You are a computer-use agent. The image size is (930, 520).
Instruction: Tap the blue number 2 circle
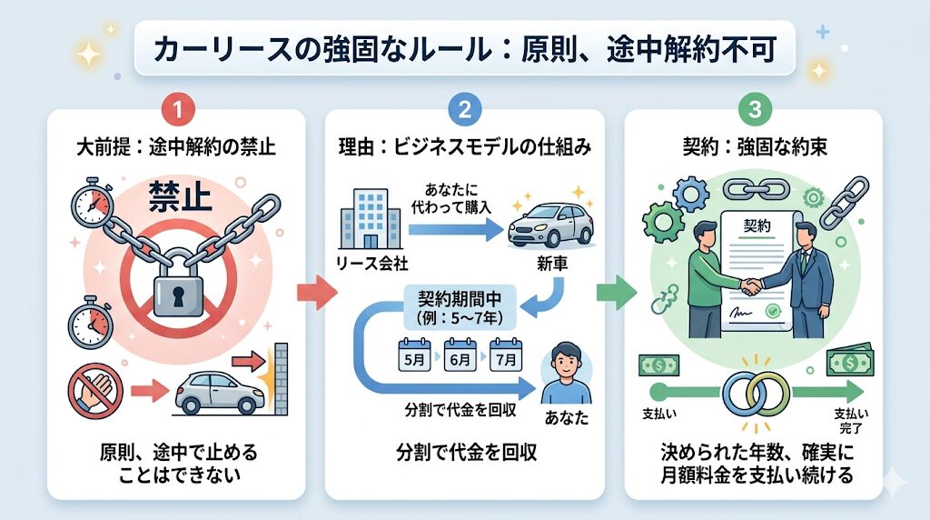click(464, 111)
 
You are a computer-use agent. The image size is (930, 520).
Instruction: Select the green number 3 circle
click(754, 111)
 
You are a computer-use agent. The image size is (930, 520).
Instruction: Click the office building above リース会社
click(367, 217)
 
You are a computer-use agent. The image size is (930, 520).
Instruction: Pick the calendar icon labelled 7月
click(506, 355)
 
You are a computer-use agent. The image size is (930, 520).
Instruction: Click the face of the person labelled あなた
click(565, 361)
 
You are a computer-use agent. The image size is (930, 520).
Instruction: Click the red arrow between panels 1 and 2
click(311, 293)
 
